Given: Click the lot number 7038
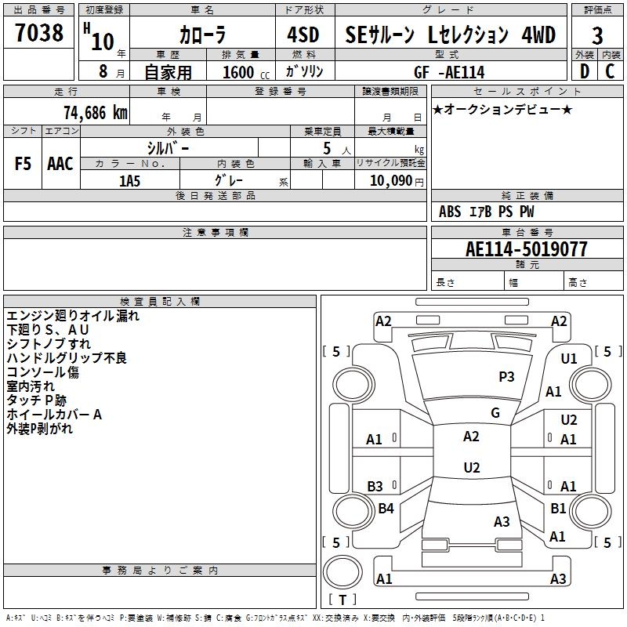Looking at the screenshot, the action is [x=39, y=34].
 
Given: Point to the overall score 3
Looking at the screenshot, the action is [x=597, y=36].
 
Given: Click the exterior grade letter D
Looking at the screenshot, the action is [x=584, y=71].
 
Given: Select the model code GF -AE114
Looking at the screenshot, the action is [x=449, y=72].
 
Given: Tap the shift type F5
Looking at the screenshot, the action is [x=23, y=163].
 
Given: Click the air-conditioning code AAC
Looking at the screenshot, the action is [x=60, y=163].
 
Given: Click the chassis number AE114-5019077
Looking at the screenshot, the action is [x=526, y=249].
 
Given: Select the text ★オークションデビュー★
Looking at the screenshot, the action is [x=502, y=109].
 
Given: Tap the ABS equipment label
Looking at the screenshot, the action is [x=450, y=212].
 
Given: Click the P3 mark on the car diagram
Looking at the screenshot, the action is [x=507, y=377].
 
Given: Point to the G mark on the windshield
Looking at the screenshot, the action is [x=495, y=413].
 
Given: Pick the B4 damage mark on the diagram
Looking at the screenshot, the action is [x=386, y=509].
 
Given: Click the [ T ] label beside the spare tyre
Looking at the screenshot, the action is [x=342, y=600].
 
